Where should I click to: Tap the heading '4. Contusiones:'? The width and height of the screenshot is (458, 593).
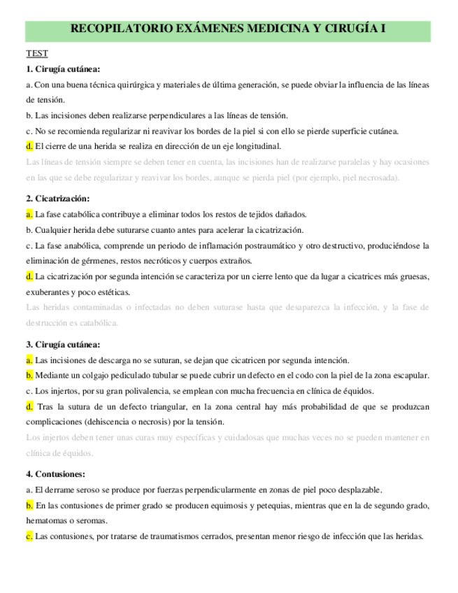pos(55,473)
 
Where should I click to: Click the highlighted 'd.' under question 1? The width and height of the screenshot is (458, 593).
pos(29,146)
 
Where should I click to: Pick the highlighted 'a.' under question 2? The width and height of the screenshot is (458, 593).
pos(29,214)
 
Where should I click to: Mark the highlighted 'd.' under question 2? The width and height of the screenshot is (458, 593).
pos(29,276)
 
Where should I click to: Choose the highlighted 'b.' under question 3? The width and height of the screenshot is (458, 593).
pos(29,376)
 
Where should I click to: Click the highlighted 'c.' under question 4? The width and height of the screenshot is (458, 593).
pos(29,536)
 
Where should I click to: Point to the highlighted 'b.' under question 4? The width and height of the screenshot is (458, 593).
pos(29,505)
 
